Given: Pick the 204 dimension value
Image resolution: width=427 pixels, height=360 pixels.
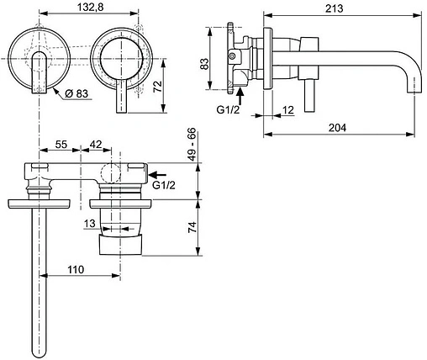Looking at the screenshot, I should (x=335, y=127).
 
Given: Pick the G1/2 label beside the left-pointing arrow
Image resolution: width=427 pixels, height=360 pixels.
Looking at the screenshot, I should (x=165, y=186).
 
